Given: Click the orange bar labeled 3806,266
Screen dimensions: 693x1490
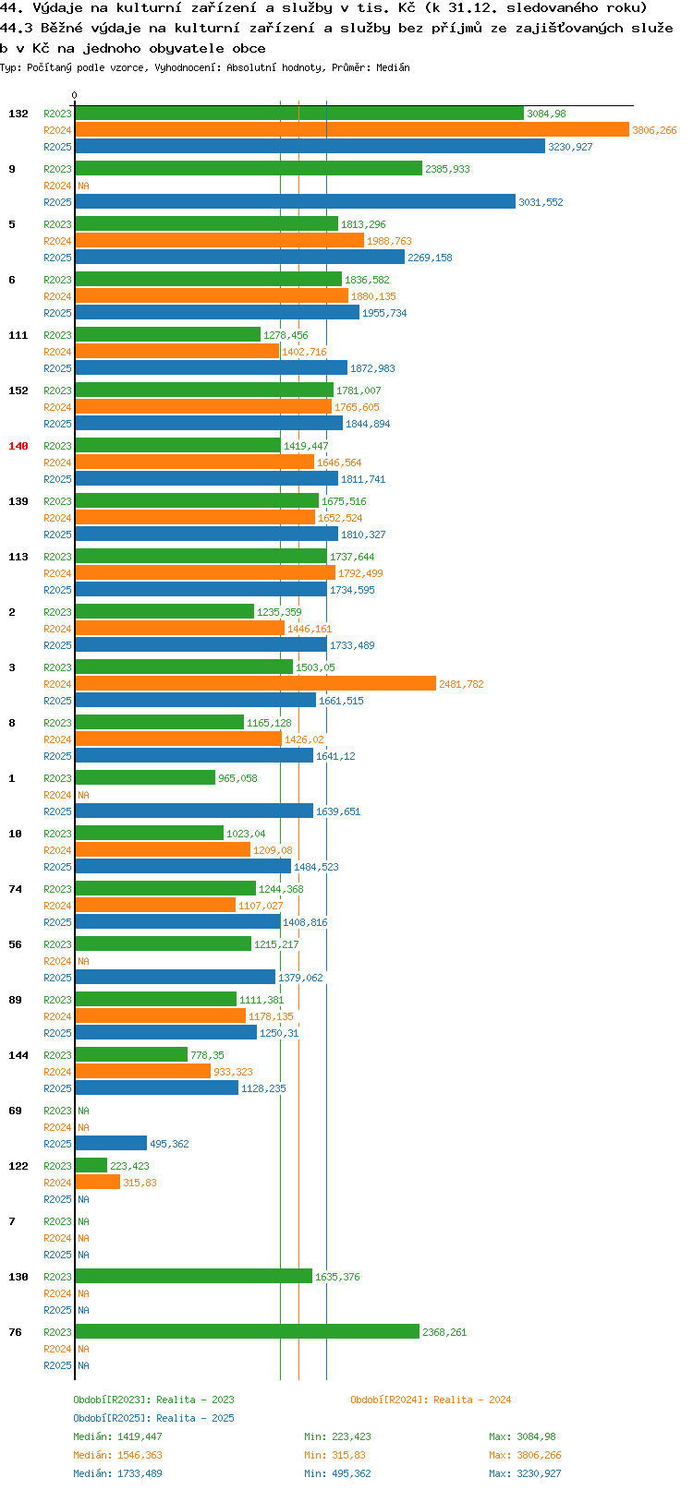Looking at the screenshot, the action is point(351,130).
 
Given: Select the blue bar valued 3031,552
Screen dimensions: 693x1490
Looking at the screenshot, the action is point(295,201).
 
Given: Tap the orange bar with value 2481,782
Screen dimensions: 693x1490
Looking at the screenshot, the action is point(255,683).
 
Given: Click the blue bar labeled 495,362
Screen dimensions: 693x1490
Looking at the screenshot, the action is point(111,1143).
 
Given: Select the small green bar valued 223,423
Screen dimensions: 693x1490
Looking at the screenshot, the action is point(91,1165).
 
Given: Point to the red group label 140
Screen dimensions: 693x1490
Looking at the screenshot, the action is point(18,446).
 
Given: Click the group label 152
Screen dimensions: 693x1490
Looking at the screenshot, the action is point(18,391).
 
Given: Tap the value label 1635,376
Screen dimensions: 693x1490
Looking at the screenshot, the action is point(337,1277).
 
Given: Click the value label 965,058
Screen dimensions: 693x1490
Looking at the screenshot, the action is point(237,778).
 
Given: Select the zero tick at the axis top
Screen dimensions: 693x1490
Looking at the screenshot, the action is point(74,95).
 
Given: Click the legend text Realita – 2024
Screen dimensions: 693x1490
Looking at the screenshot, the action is point(472,1400).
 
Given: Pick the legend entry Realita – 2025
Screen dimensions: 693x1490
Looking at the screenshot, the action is point(195,1418).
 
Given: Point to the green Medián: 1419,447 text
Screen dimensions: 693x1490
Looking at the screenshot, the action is point(117,1436).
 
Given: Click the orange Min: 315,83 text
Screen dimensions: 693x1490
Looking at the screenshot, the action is point(334,1456).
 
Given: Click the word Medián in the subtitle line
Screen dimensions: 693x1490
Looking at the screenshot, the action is point(393,67).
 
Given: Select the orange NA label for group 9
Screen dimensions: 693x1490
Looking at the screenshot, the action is point(83,186).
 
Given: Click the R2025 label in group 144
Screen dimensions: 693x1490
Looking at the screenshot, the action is point(57,1088).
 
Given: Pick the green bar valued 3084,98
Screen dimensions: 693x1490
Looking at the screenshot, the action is point(298,113).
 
